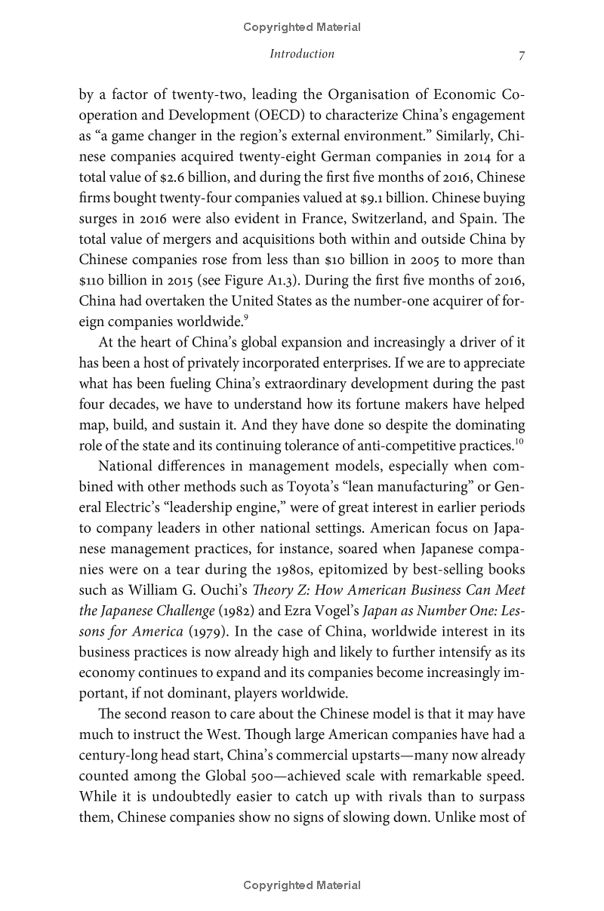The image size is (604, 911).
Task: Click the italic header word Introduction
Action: pos(302,54)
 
